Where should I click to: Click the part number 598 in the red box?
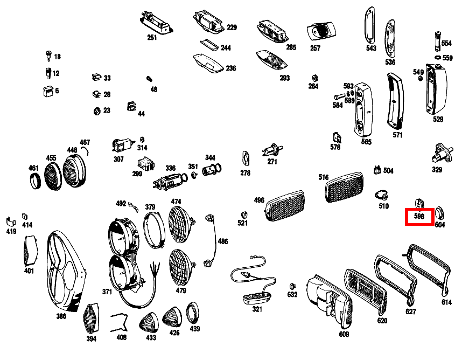(419, 216)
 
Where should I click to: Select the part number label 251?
(152, 37)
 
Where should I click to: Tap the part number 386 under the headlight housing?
(61, 316)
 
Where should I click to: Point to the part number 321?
(257, 309)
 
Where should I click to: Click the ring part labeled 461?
(35, 179)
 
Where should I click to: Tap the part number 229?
(232, 27)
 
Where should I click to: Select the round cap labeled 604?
(439, 211)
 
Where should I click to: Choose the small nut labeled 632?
(292, 285)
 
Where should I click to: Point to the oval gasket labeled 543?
(370, 26)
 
